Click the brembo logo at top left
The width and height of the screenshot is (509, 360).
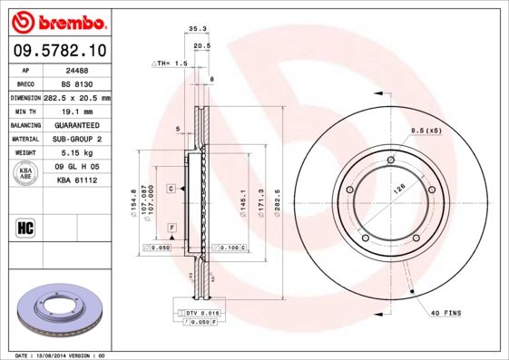pos(56,19)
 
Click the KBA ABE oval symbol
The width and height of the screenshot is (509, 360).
pos(27,174)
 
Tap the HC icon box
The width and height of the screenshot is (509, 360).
pos(26,227)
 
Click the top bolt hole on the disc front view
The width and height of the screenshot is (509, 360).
pos(390,161)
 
